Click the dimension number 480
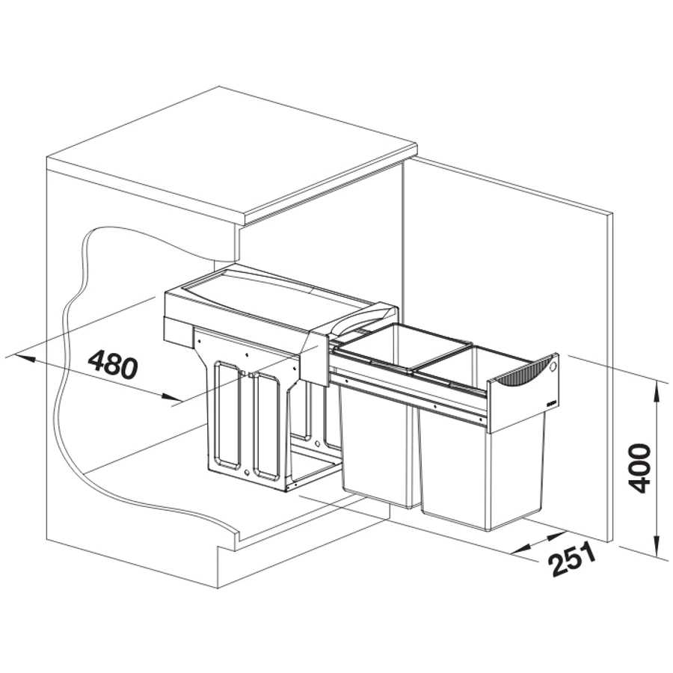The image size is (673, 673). (113, 365)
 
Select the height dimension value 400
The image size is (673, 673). (639, 469)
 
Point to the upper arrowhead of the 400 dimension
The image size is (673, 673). (657, 391)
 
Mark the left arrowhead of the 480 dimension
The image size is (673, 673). (24, 357)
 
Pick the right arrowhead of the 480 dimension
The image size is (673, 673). (172, 398)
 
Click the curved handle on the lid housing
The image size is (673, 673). (360, 317)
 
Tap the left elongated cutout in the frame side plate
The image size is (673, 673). (225, 416)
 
